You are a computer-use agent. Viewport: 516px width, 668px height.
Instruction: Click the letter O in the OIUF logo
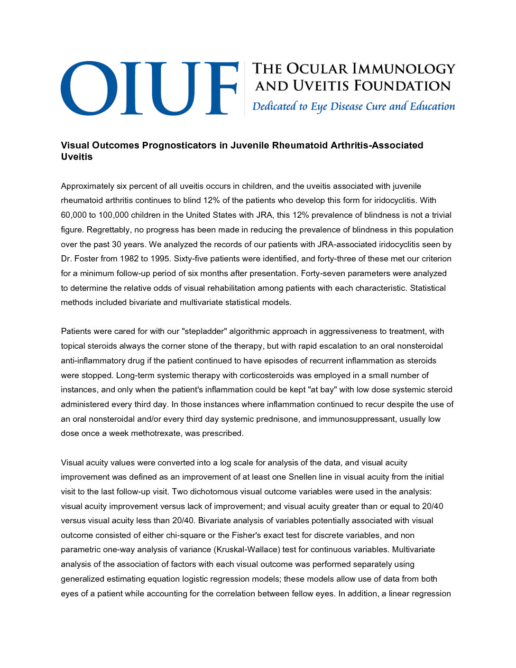coord(89,88)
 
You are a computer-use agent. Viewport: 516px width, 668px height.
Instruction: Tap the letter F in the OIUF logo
coord(222,88)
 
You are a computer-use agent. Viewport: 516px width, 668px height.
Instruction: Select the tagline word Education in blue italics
coord(432,106)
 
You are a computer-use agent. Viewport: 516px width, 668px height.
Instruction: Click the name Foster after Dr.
coord(87,259)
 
